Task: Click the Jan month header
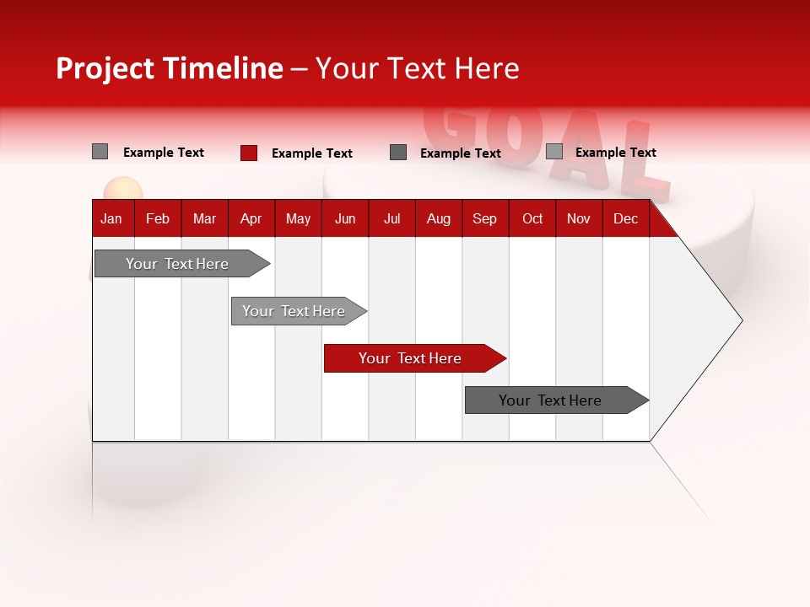click(x=111, y=218)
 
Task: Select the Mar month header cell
click(x=204, y=218)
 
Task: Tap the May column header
click(x=298, y=218)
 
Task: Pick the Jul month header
click(x=391, y=218)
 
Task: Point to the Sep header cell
click(x=484, y=218)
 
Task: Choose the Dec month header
click(x=625, y=218)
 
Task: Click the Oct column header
click(x=532, y=218)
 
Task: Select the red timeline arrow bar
click(x=413, y=358)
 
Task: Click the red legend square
click(x=249, y=153)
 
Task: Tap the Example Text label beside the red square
click(x=311, y=153)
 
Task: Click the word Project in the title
click(x=105, y=68)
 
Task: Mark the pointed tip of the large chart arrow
click(x=740, y=320)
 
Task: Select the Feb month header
click(x=158, y=218)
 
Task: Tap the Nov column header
click(x=579, y=218)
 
